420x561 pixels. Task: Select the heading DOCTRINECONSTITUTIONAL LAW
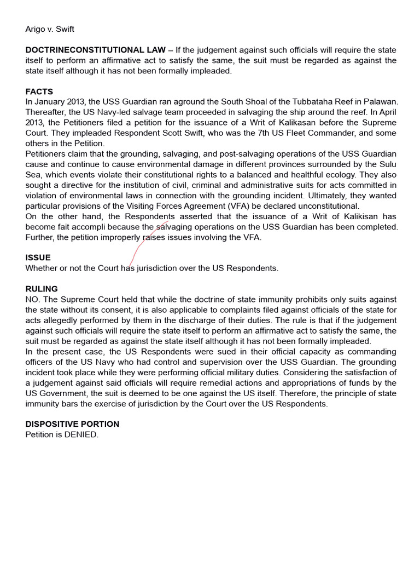click(95, 50)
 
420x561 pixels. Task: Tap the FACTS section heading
click(39, 91)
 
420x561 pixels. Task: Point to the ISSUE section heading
click(38, 257)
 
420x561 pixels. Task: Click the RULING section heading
click(42, 289)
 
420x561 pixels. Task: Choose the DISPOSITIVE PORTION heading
click(72, 424)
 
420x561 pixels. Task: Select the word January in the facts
click(50, 102)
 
